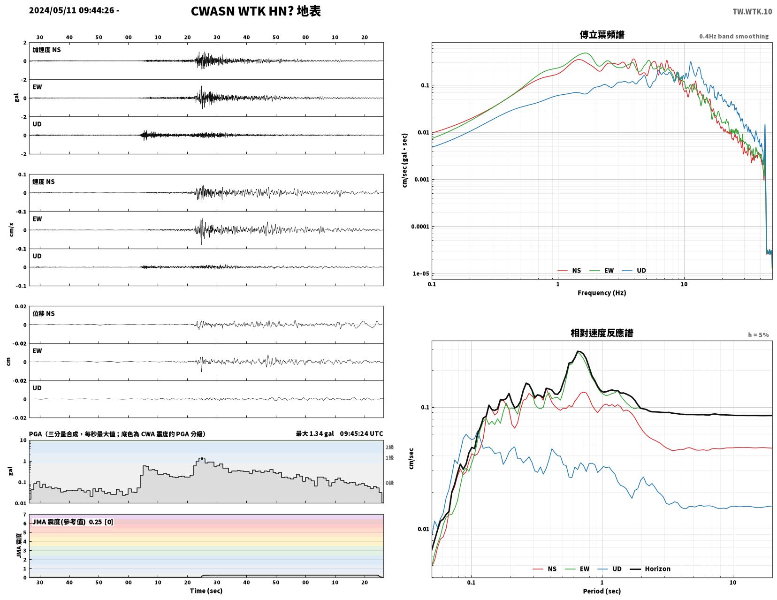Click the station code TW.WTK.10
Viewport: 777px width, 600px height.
tap(752, 11)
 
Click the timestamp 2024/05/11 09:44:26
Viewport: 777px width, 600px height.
tap(71, 10)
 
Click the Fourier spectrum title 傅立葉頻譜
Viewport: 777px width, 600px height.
tap(602, 35)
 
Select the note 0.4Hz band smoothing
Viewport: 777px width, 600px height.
tap(734, 36)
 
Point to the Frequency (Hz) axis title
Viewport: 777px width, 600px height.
tap(602, 293)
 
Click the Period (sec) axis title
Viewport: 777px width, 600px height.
tap(602, 591)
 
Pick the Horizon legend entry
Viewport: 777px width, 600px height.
tap(650, 569)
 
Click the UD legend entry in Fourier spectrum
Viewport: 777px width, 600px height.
tap(634, 271)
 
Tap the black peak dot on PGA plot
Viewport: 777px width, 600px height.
tap(202, 458)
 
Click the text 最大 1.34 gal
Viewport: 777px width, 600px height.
tap(315, 433)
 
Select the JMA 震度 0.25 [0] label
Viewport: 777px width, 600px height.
tap(73, 522)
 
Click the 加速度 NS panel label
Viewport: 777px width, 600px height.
tap(46, 50)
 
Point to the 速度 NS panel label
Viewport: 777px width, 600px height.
tap(44, 182)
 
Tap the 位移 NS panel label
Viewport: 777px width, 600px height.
tap(44, 313)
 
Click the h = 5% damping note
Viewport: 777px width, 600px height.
tap(758, 335)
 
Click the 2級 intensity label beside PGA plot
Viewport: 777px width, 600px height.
tap(389, 447)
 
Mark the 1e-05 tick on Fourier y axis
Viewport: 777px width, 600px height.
tap(421, 274)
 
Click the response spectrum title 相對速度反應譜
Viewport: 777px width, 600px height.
tap(602, 333)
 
